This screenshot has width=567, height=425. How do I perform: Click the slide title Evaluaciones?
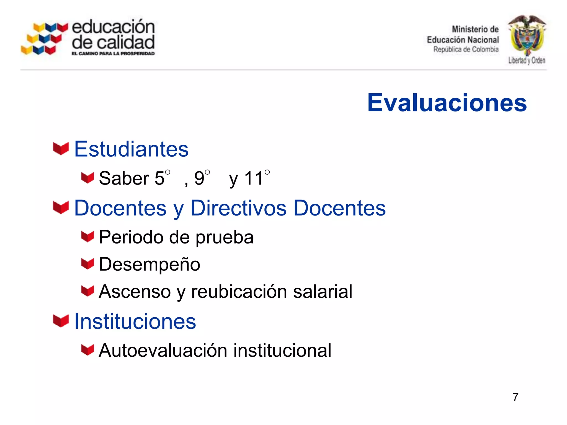click(447, 103)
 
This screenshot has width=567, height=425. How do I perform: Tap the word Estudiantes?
click(131, 149)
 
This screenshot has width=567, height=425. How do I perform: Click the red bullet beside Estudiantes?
click(61, 149)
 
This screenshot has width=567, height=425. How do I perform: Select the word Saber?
click(124, 178)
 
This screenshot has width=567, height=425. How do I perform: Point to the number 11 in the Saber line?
click(254, 178)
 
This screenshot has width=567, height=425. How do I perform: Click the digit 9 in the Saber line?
click(199, 178)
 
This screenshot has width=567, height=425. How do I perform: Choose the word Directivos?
click(238, 208)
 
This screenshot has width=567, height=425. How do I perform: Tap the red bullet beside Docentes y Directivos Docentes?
click(61, 208)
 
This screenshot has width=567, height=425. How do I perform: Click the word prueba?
click(225, 238)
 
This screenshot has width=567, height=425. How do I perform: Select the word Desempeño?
click(150, 265)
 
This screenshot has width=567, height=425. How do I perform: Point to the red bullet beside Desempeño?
click(87, 264)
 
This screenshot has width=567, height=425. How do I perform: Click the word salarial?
click(323, 292)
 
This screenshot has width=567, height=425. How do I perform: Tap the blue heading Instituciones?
click(135, 322)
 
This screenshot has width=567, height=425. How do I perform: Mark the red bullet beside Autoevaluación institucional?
click(87, 350)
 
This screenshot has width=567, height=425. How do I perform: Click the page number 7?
click(515, 397)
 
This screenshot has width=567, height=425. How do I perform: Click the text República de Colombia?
click(466, 50)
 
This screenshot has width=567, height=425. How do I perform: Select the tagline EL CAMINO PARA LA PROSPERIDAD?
click(113, 54)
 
